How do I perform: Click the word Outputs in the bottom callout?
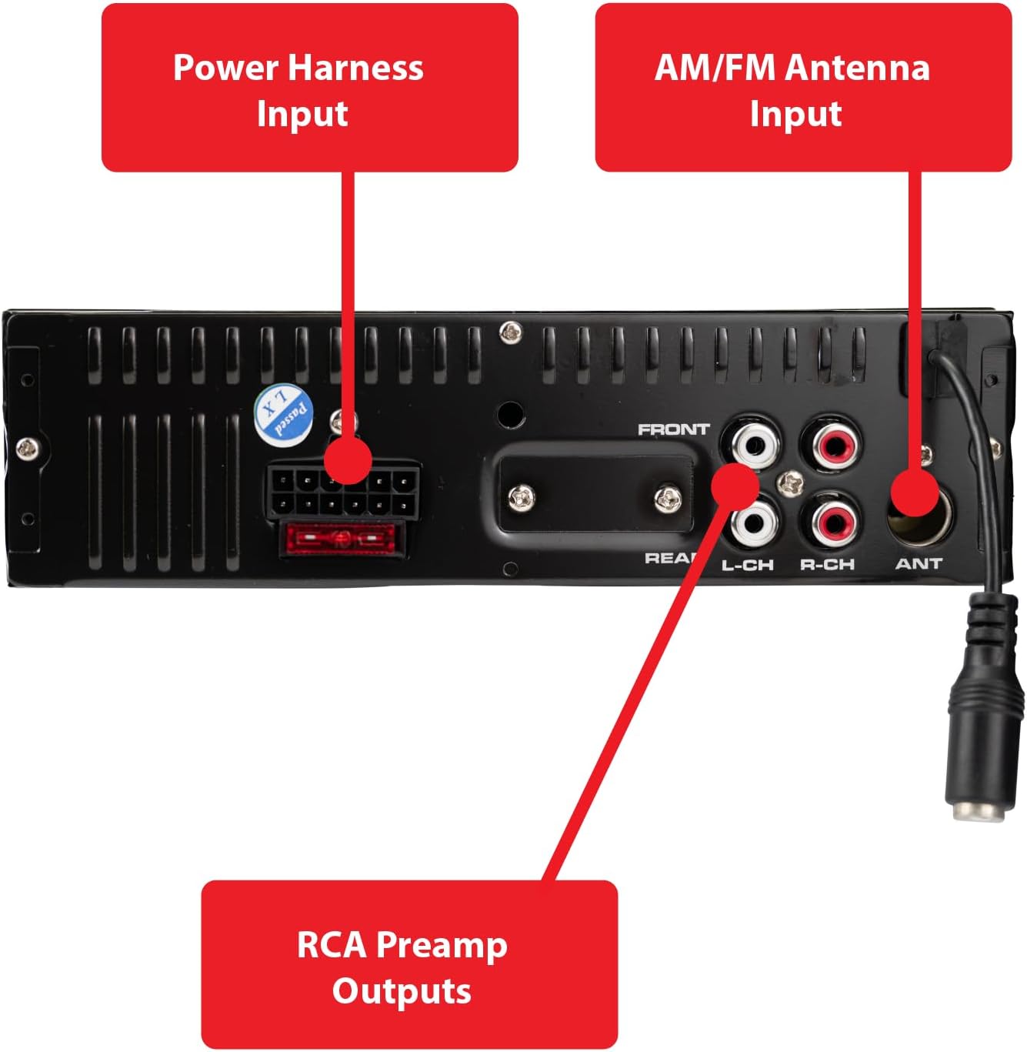(402, 991)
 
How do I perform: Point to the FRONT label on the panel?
(673, 429)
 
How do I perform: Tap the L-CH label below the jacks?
(747, 565)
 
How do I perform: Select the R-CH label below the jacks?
(827, 565)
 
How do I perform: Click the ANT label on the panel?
(919, 564)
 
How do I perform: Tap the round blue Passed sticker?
(283, 415)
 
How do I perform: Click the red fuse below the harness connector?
(343, 538)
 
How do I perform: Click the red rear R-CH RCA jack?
(829, 523)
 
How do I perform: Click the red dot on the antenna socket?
(915, 493)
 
